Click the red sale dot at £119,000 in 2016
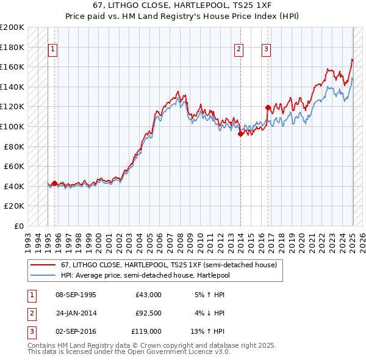(268, 107)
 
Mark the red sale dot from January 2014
(240, 134)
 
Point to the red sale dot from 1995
(54, 183)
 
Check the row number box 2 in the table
(30, 313)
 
